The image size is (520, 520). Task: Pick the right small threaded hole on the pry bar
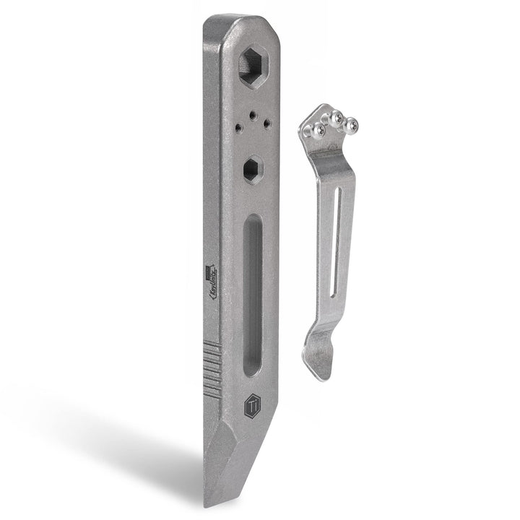pos(266,123)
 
